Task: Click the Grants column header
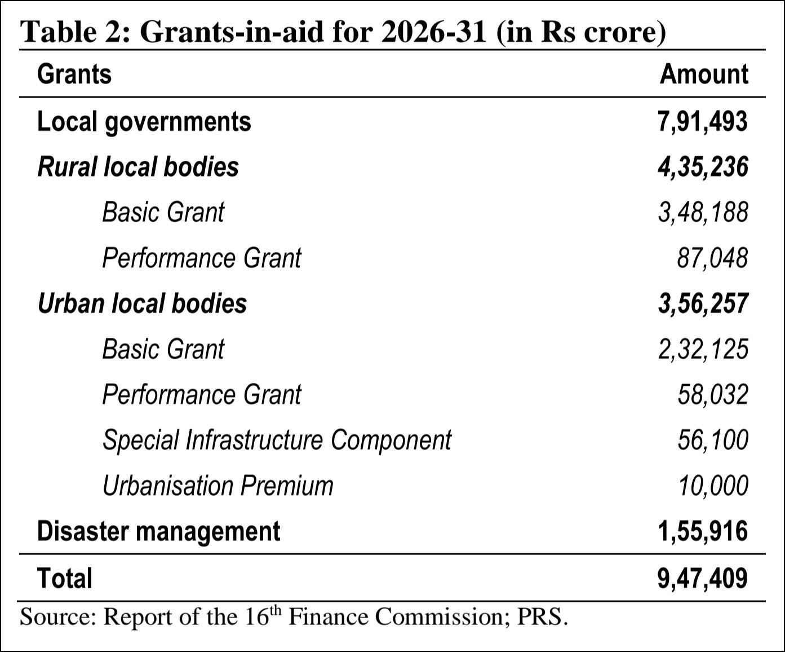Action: tap(74, 74)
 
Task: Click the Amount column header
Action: tap(704, 74)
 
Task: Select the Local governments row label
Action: tap(144, 122)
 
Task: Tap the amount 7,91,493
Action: tap(703, 122)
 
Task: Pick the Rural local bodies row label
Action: tap(138, 167)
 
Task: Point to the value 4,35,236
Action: tap(703, 167)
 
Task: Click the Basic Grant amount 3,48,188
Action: tap(703, 213)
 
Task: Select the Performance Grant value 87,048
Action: tap(712, 258)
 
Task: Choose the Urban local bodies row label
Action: tap(142, 303)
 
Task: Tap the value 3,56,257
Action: tap(703, 303)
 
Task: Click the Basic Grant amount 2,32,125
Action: tap(703, 349)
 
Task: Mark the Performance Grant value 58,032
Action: tap(712, 395)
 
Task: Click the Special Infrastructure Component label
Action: tap(277, 440)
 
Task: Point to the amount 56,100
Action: tap(712, 440)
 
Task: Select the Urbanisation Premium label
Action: tap(218, 486)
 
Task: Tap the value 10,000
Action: tap(712, 486)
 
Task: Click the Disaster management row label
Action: tap(158, 531)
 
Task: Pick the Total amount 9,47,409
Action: tap(703, 579)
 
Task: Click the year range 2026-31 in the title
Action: tap(433, 32)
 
